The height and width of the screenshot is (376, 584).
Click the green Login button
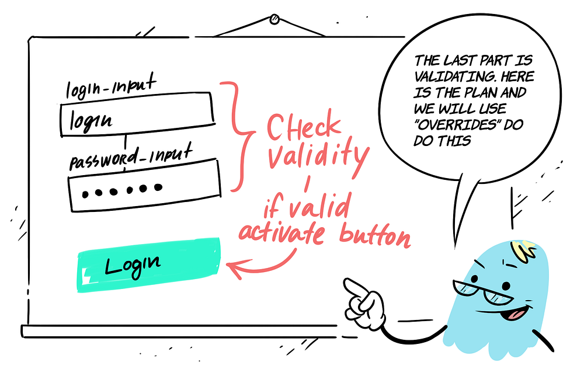tap(149, 264)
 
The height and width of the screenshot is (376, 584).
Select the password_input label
tap(131, 156)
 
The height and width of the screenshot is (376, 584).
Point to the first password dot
tap(86, 194)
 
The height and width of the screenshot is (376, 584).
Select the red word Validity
tap(318, 156)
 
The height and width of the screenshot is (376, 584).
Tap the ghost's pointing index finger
tap(354, 287)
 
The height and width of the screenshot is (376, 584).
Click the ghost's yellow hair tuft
tap(524, 248)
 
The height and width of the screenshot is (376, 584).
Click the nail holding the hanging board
tap(274, 19)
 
